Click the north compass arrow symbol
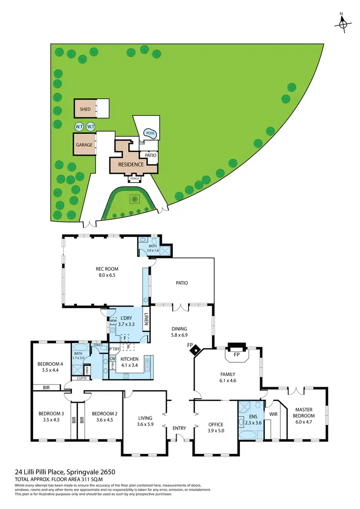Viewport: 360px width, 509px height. tap(343, 23)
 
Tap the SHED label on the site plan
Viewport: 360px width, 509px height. tap(85, 109)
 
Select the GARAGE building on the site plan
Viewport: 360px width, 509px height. tap(84, 144)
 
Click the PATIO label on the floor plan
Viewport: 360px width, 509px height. tap(181, 283)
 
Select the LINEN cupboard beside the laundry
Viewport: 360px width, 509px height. tap(146, 322)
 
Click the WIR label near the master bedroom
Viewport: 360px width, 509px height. tap(274, 414)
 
